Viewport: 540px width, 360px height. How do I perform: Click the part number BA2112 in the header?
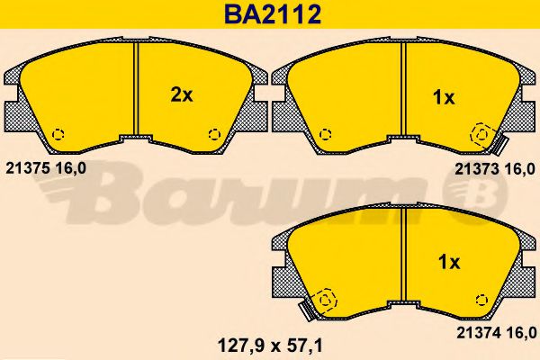[273, 14]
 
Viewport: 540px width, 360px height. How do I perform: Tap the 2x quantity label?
[182, 95]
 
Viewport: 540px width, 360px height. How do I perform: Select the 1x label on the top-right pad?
[444, 98]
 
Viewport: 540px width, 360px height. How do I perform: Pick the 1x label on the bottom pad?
[449, 263]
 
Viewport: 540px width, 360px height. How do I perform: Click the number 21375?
[27, 168]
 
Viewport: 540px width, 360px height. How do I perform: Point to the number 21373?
[477, 169]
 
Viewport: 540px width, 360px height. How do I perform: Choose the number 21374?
[479, 333]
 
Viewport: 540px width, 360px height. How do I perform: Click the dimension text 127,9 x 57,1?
[270, 346]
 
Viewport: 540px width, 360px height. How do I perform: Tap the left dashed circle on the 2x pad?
[58, 134]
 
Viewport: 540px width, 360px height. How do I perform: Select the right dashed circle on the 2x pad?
[214, 134]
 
